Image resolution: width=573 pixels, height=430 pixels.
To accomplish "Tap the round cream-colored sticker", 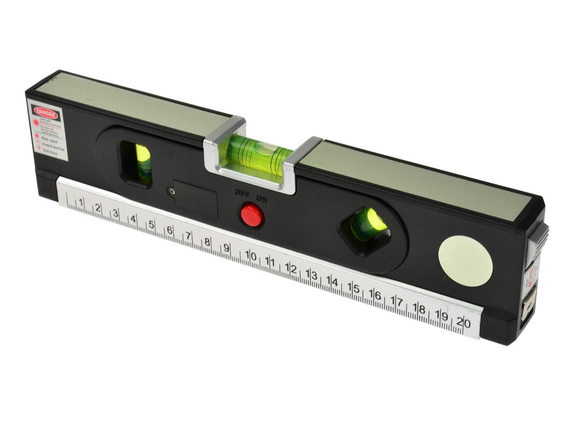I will click(x=465, y=262).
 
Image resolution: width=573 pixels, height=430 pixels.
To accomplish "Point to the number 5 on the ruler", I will click(x=152, y=224).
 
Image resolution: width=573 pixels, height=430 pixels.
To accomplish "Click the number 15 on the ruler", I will click(x=354, y=288).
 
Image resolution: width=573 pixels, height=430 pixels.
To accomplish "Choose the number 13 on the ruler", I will click(x=312, y=275).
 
